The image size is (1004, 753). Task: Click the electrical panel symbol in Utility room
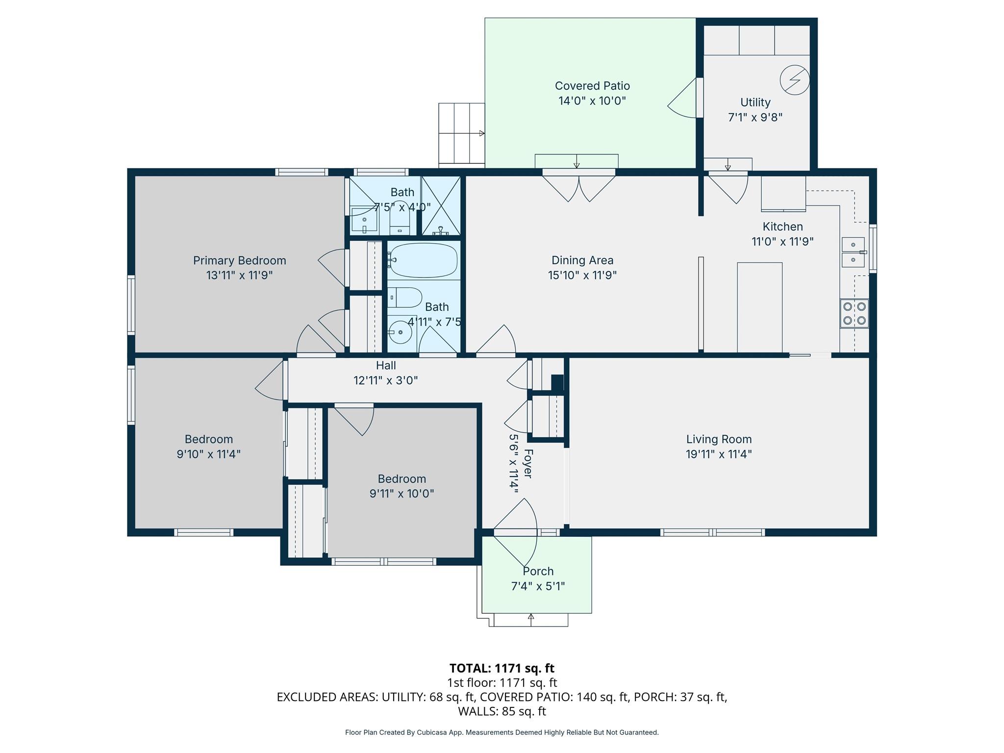click(x=794, y=80)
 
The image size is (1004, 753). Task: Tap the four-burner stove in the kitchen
click(x=854, y=314)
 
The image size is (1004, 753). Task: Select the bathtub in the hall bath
click(x=424, y=260)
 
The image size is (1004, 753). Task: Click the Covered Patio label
click(x=592, y=86)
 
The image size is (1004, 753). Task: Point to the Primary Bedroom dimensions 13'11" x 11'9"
click(x=239, y=276)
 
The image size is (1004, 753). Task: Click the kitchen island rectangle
click(x=759, y=307)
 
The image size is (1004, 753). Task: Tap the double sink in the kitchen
click(x=853, y=252)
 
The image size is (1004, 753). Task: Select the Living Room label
click(x=719, y=439)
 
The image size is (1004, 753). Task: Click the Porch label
click(x=538, y=571)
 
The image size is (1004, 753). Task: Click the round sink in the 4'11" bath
click(x=400, y=332)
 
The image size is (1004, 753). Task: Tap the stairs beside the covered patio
click(x=461, y=133)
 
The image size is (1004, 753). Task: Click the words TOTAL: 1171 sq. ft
click(x=502, y=668)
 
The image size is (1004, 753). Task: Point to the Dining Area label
click(x=582, y=260)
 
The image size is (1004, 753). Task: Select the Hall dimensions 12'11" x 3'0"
click(x=385, y=380)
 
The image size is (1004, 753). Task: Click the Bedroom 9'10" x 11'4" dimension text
click(x=208, y=454)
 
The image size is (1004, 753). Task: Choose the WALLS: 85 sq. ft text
click(x=502, y=711)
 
